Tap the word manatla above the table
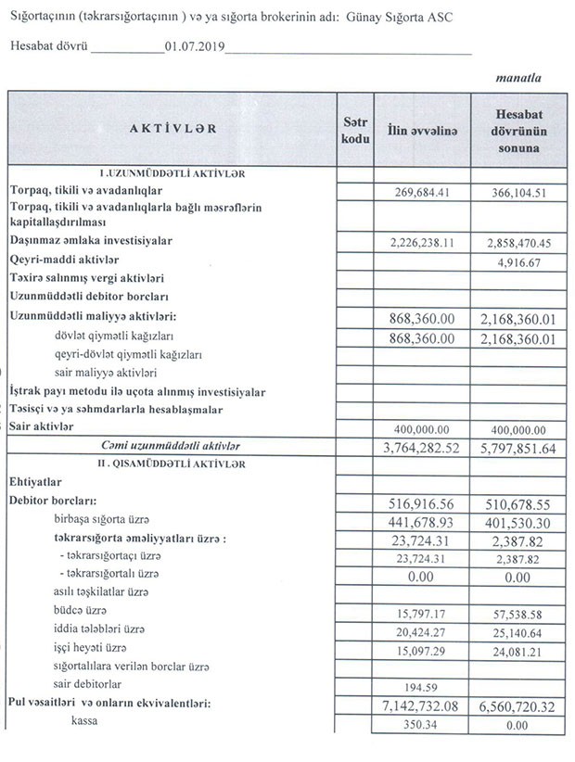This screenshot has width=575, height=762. [x=518, y=79]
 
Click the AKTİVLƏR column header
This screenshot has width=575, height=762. [x=173, y=129]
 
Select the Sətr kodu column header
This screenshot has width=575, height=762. [x=355, y=129]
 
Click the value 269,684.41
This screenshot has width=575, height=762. [x=422, y=192]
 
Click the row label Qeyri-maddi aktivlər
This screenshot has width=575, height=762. [x=66, y=260]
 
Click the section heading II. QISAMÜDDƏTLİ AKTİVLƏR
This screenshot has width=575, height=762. [x=172, y=463]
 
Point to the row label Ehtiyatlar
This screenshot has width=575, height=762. [x=35, y=482]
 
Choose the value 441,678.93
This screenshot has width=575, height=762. [x=422, y=522]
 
